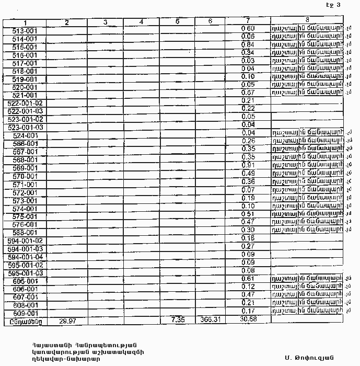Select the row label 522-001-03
tap(25, 111)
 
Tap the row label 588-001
tap(25, 233)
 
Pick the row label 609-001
tap(25, 313)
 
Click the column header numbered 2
tap(67, 22)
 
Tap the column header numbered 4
tap(142, 22)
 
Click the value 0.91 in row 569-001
tap(248, 166)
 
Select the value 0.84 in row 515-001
tap(248, 44)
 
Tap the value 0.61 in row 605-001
tap(248, 279)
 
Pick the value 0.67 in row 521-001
tap(248, 93)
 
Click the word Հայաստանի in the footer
tap(47, 345)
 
